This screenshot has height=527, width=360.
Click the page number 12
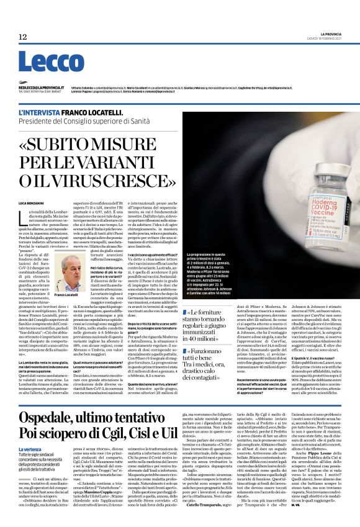click(x=22, y=37)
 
